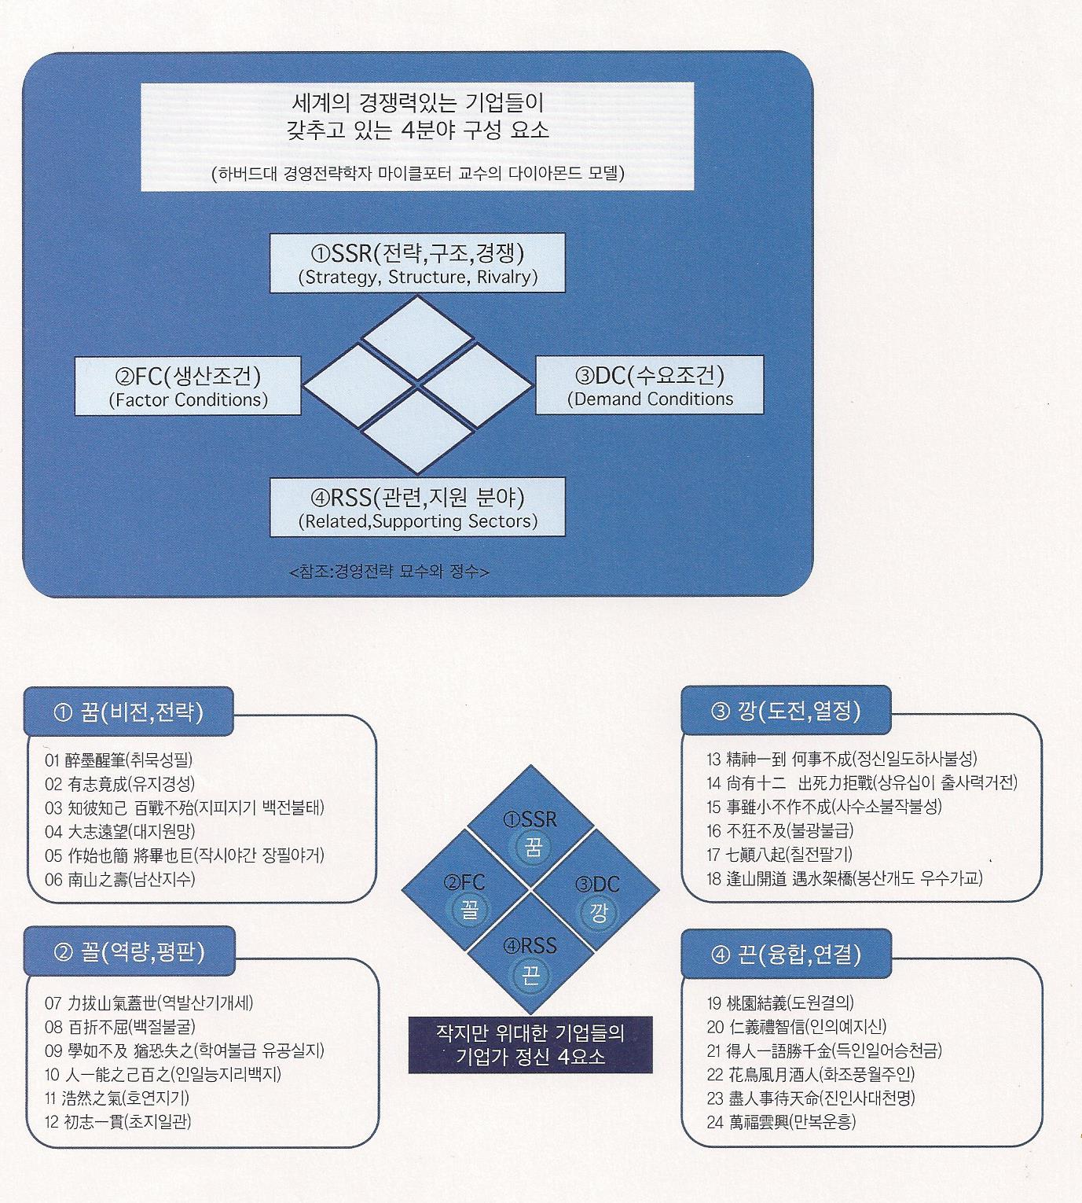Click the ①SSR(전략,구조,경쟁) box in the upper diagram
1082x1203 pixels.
[417, 263]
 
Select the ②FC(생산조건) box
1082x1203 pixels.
[188, 386]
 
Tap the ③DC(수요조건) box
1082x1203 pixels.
[649, 385]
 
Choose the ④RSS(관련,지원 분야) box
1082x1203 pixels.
[417, 507]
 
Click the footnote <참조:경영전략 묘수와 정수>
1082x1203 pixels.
[389, 572]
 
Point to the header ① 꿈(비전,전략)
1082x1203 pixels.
[129, 712]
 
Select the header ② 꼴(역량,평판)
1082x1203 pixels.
[130, 952]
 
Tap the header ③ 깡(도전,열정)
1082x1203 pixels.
[786, 712]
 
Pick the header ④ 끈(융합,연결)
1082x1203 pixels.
[786, 955]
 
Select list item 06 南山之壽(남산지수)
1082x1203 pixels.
[120, 878]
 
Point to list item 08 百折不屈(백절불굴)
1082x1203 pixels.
[120, 1026]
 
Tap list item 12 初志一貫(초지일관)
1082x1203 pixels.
[119, 1120]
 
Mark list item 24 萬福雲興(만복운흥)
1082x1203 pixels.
[781, 1121]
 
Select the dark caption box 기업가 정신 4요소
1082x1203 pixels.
[530, 1044]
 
